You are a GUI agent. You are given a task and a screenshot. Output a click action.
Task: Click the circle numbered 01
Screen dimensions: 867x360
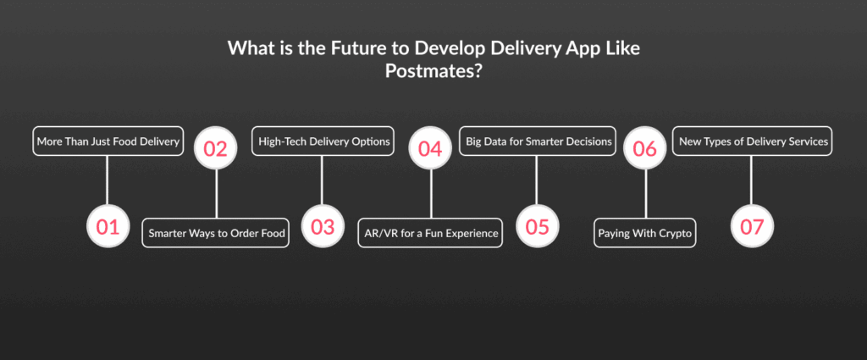coord(108,226)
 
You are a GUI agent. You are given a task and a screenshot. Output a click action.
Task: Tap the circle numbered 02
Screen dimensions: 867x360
coord(216,148)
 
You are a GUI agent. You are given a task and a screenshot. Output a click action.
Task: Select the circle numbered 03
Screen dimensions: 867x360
coord(323,226)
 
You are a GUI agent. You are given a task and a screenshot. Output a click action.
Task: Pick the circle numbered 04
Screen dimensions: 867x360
coord(430,148)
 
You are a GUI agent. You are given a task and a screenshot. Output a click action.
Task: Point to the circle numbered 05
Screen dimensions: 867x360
coord(538,226)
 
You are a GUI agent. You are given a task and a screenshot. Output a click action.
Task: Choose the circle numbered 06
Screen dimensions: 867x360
coord(644,148)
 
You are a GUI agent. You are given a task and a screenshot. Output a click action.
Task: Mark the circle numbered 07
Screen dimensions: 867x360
coord(752,226)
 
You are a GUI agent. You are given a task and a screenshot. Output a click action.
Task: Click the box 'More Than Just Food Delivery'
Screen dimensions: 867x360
coord(108,141)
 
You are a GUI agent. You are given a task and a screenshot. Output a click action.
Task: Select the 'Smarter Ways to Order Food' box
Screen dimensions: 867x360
coord(216,233)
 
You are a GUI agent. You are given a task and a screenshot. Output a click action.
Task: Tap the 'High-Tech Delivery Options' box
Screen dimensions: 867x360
coord(323,141)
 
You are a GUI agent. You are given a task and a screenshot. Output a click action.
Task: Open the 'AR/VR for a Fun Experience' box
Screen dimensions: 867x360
coord(430,233)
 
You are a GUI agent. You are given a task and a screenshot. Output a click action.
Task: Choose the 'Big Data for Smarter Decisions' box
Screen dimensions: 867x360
coord(538,141)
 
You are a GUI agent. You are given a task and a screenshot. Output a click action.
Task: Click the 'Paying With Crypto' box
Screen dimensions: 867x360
coord(644,233)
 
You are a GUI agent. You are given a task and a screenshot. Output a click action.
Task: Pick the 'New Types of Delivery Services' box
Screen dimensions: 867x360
coord(752,141)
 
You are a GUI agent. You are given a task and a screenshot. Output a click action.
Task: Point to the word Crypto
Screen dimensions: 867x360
coord(675,233)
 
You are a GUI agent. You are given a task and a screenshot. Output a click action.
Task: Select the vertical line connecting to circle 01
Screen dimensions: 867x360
coord(108,180)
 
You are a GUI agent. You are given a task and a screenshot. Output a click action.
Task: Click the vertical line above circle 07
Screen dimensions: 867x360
coord(752,180)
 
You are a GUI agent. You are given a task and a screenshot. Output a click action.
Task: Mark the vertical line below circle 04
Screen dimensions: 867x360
coord(431,194)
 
